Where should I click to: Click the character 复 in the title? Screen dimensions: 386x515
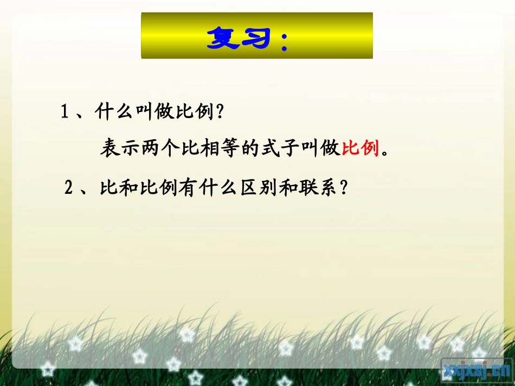[224, 38]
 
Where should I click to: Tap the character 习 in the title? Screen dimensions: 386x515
[257, 38]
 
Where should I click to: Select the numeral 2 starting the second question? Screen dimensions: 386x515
[69, 188]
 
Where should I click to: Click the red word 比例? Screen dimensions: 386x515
[360, 148]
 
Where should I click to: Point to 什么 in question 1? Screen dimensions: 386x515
[114, 112]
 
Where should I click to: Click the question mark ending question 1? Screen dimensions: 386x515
[220, 112]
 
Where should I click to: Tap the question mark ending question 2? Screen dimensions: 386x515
[343, 188]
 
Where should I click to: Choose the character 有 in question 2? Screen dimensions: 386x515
[188, 188]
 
